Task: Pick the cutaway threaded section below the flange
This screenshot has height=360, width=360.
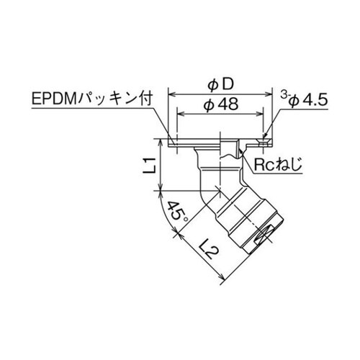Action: [231, 153]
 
